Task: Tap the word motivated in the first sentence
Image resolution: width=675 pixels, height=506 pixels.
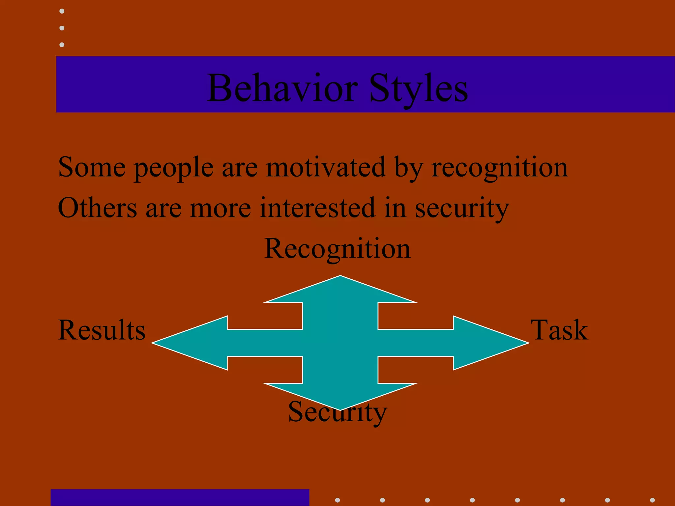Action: [326, 167]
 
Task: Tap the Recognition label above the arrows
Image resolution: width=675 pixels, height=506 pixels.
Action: [337, 249]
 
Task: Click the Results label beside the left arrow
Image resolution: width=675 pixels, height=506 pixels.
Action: [102, 330]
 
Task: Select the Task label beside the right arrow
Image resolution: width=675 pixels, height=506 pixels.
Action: [559, 330]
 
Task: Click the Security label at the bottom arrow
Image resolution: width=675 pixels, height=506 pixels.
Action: [337, 412]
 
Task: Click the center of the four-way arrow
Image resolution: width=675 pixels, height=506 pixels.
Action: [340, 343]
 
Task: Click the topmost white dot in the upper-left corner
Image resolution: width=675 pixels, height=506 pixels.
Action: [62, 11]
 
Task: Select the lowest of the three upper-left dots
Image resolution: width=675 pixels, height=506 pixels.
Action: [62, 44]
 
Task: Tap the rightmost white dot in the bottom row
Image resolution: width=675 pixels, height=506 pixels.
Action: [652, 500]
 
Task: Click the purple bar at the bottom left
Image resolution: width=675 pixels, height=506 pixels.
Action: [180, 497]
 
